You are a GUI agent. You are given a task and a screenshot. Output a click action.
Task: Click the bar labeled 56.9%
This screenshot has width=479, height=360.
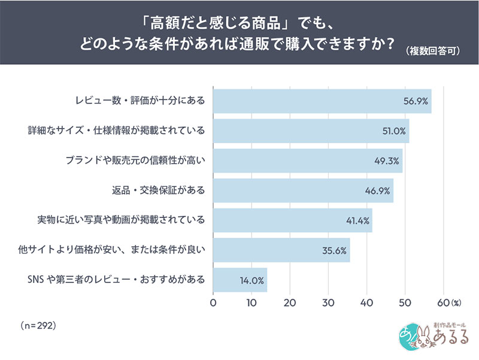pyautogui.click(x=322, y=101)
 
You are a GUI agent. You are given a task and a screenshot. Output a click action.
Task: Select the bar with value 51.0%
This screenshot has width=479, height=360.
pyautogui.click(x=311, y=131)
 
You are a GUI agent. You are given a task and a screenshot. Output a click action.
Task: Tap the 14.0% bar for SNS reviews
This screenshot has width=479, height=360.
pyautogui.click(x=240, y=280)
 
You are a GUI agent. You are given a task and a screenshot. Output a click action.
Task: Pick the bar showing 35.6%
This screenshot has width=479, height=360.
pyautogui.click(x=281, y=250)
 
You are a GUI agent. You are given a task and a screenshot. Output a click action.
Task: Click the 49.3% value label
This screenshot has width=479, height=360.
pyautogui.click(x=387, y=161)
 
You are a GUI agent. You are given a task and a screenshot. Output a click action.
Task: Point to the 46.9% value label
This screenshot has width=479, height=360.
pyautogui.click(x=377, y=191)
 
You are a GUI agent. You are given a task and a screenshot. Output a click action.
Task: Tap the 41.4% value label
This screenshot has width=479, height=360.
pyautogui.click(x=357, y=220)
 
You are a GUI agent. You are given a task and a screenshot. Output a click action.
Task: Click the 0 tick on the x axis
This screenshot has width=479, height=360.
pyautogui.click(x=213, y=303)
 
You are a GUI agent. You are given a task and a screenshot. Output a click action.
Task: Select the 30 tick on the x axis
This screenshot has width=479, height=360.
pyautogui.click(x=328, y=303)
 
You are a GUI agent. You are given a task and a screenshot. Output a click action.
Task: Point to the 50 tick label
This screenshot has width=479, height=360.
pyautogui.click(x=405, y=303)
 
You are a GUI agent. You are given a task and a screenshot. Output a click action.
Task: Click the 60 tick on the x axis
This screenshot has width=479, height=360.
pyautogui.click(x=443, y=303)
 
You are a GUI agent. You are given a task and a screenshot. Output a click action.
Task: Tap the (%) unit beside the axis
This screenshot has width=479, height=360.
pyautogui.click(x=456, y=303)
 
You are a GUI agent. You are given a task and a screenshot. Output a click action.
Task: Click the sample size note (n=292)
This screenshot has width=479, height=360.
pyautogui.click(x=38, y=325)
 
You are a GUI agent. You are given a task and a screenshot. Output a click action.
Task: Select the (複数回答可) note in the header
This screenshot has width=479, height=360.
pyautogui.click(x=433, y=51)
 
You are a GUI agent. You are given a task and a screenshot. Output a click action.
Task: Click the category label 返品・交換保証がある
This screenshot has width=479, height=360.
pyautogui.click(x=158, y=190)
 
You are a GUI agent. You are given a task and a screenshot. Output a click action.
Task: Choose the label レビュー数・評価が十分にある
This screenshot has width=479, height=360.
pyautogui.click(x=140, y=101)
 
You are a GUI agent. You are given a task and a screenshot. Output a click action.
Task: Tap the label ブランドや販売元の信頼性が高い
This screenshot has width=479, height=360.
pyautogui.click(x=135, y=161)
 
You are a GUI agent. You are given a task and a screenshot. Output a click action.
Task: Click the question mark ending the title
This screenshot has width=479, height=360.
pyautogui.click(x=389, y=44)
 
